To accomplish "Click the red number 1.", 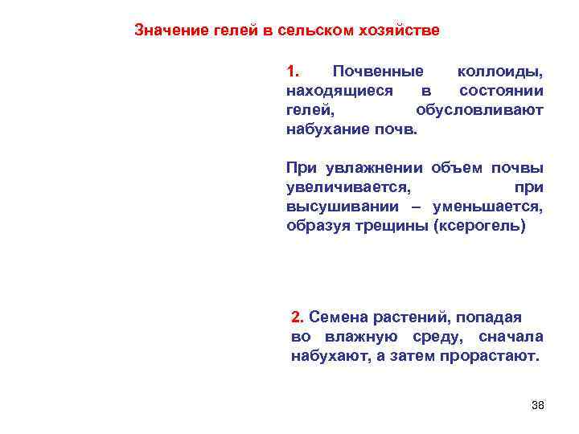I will coord(293,72).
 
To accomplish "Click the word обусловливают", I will coord(480,109).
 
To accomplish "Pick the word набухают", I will coord(329,354).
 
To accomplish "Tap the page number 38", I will coord(538,404).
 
